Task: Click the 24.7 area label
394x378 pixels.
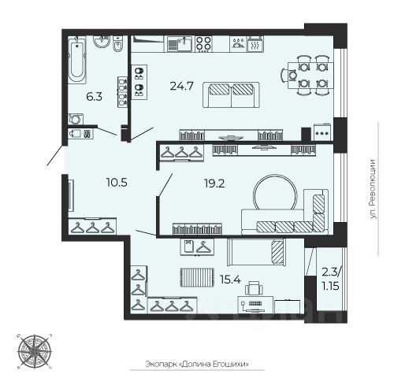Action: click(181, 86)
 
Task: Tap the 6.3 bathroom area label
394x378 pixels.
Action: click(94, 97)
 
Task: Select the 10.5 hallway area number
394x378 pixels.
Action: click(117, 182)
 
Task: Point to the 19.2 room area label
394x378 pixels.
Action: click(214, 183)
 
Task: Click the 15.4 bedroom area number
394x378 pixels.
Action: click(230, 280)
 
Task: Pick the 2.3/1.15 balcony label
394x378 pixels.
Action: click(331, 279)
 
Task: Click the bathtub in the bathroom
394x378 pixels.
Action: click(77, 60)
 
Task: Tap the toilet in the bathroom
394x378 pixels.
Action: click(118, 43)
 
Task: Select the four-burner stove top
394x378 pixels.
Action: click(203, 44)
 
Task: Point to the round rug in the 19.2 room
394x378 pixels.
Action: click(275, 192)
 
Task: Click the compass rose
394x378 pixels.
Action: click(35, 351)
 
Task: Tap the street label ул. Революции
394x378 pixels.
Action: click(373, 189)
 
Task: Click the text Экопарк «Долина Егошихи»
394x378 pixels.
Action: click(197, 364)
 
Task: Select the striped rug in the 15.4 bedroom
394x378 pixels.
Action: click(197, 277)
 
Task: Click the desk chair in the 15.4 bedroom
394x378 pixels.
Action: click(254, 288)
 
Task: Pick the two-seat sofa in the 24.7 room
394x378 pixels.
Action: click(231, 94)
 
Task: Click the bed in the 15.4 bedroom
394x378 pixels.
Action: click(256, 252)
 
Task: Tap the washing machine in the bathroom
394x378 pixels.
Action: click(76, 119)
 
